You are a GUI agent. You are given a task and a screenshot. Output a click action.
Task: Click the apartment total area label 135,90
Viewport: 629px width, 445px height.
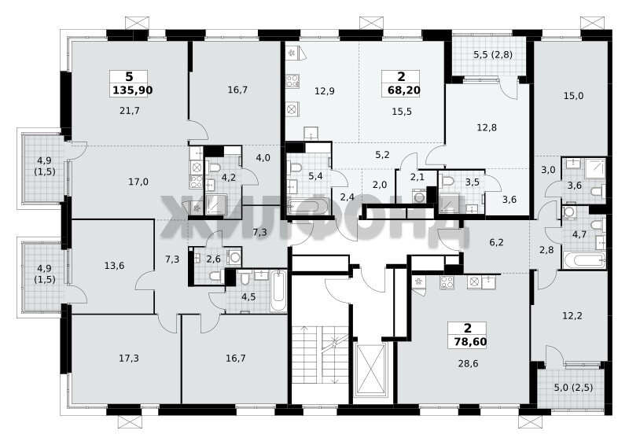click(132, 90)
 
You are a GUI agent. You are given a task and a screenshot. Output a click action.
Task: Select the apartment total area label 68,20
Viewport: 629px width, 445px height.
click(404, 90)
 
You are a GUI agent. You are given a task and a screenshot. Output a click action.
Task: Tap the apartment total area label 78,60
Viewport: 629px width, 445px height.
click(470, 342)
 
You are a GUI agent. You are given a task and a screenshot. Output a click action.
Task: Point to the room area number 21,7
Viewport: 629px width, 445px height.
click(130, 110)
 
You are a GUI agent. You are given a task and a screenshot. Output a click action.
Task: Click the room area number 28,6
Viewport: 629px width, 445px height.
click(468, 363)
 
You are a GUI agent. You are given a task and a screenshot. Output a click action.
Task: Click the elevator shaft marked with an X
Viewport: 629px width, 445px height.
click(371, 371)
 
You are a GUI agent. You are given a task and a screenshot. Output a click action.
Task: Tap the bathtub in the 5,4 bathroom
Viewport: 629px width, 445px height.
click(308, 208)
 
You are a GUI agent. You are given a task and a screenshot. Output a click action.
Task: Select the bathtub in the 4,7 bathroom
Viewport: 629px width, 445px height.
click(584, 260)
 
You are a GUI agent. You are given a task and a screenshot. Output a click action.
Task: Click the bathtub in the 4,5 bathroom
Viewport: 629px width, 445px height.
click(278, 291)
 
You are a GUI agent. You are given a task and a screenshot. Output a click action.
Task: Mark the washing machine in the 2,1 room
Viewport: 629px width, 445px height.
click(420, 197)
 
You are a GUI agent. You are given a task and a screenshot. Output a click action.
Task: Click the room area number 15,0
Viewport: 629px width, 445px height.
click(573, 96)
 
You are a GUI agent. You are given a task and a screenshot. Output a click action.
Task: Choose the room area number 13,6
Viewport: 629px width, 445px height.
click(114, 266)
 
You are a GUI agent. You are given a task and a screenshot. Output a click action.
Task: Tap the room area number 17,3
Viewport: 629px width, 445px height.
click(129, 358)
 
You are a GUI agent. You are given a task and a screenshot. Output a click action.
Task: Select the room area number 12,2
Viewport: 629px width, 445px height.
click(572, 316)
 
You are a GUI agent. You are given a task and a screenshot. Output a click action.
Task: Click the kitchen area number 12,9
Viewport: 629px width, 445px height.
click(324, 91)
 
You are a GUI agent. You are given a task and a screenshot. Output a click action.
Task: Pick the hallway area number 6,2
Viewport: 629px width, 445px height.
click(496, 242)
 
